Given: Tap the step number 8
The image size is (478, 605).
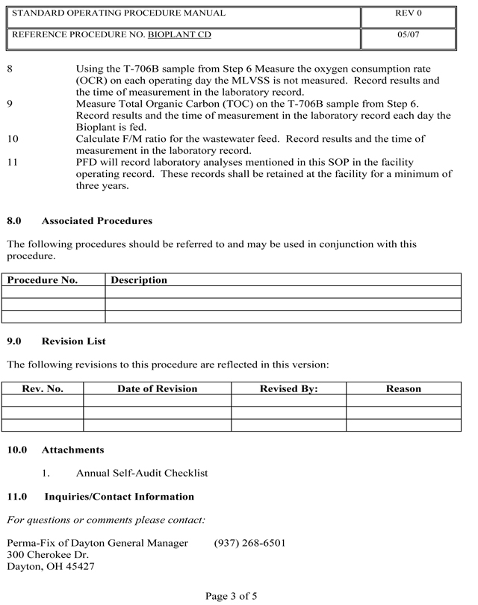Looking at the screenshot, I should point(10,68).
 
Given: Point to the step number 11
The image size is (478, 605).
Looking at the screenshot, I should point(12,162).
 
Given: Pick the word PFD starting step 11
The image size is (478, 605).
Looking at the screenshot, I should point(87,162).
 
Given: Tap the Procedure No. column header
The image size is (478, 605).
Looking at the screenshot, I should point(43,280).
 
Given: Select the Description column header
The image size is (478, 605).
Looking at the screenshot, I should point(139,280).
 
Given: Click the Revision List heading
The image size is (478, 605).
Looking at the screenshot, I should point(74,341).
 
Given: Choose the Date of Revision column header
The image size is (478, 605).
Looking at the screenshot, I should point(157,388).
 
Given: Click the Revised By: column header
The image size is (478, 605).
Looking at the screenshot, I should point(288,388).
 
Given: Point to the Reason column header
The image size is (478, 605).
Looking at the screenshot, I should point(403,388).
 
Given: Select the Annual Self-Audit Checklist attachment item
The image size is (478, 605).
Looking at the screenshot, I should point(142,473).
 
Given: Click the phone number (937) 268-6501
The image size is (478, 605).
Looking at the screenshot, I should point(249,543).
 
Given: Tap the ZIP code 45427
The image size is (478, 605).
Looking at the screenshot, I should point(79,566).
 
